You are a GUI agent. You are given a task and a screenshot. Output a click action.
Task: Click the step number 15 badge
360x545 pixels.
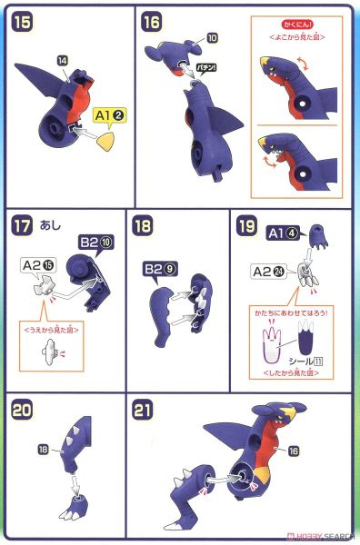[x=23, y=22]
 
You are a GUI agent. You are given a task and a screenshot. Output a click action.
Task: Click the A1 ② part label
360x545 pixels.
[x=108, y=115]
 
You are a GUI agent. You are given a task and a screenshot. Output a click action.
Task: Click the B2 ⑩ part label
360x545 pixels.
[x=93, y=243]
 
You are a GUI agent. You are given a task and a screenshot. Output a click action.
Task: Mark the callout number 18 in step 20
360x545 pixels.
[x=44, y=449]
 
